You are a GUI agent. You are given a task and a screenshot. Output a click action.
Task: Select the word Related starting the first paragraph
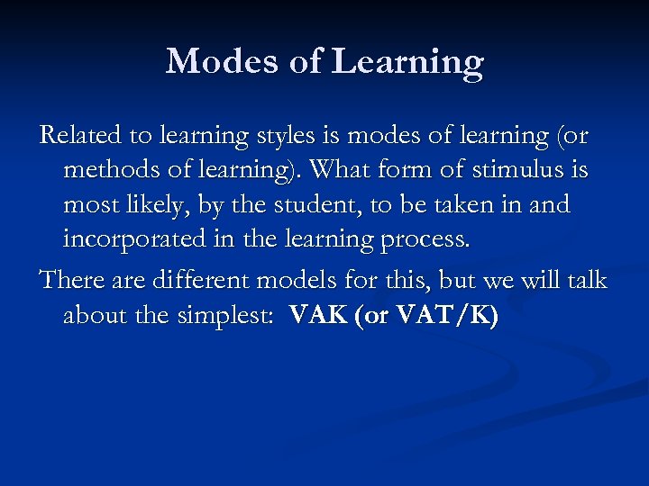pos(81,135)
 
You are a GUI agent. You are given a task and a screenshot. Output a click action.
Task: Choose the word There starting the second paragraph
pos(75,280)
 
